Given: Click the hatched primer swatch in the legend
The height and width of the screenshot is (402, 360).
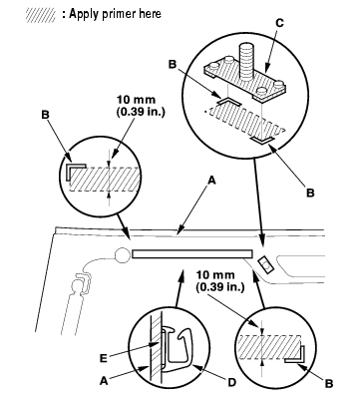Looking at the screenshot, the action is tap(41, 15).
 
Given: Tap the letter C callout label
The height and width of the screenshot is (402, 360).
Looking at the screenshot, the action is tap(280, 23).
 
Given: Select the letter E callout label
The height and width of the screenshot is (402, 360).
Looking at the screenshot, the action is tap(104, 358).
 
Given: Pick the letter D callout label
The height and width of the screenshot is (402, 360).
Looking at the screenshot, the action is tap(231, 383).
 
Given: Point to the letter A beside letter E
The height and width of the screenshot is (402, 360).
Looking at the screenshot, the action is tap(104, 381).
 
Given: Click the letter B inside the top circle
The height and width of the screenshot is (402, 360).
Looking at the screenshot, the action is tap(173, 64).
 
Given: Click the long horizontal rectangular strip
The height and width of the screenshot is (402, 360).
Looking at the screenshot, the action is tap(191, 254).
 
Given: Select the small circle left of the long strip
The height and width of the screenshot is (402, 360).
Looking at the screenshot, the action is tap(122, 255).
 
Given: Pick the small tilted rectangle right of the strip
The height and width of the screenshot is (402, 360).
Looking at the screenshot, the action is tap(266, 264).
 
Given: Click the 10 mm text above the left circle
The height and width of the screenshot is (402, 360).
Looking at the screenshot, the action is tap(136, 100).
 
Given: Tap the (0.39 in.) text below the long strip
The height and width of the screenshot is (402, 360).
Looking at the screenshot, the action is tap(220, 287).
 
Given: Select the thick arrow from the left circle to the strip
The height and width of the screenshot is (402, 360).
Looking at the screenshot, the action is tap(123, 226).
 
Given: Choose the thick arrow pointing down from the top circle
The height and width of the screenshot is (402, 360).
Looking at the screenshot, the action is tap(260, 203).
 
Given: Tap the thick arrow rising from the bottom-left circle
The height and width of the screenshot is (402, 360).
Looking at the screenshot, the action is tap(180, 287).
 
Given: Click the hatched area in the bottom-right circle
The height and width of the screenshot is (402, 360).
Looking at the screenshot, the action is tap(269, 347).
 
